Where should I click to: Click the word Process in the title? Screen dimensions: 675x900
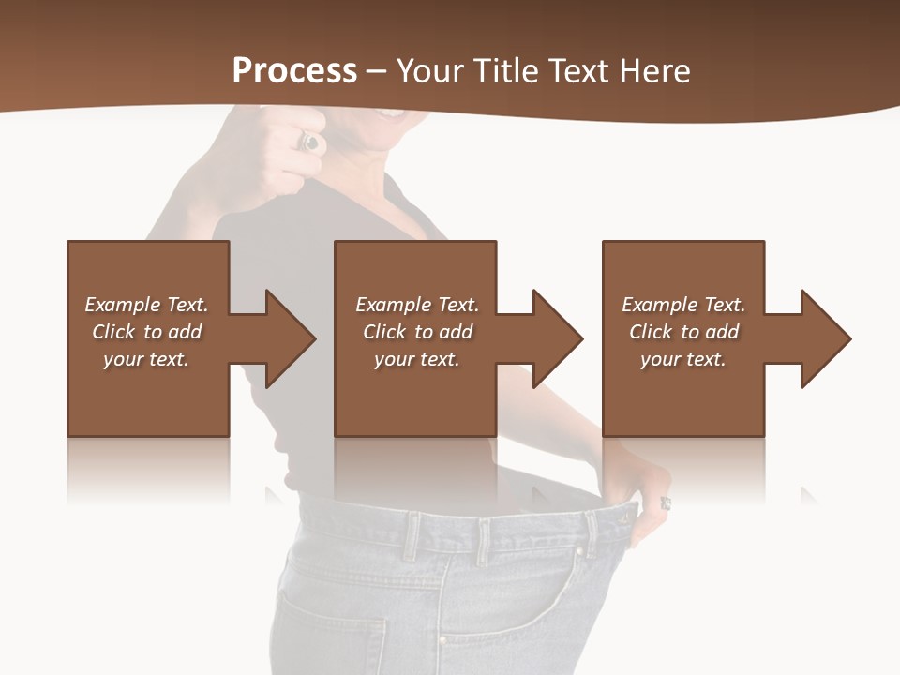pos(294,71)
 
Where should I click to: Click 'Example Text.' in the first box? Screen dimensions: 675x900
pos(146,305)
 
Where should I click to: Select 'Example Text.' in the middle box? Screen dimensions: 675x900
pos(417,305)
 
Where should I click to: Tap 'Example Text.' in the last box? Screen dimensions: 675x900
pos(683,305)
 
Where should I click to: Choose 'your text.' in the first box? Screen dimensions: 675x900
pos(146,359)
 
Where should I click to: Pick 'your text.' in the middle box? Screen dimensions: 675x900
pos(417,359)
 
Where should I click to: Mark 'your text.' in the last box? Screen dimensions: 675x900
pos(683,359)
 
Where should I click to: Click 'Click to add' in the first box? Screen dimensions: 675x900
pos(146,332)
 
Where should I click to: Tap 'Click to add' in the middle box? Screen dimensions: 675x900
pos(417,332)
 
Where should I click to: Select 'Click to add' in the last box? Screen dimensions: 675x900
pos(683,332)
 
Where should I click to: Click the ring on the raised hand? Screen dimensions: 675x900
pos(310,142)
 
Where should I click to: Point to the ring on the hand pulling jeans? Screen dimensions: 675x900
pos(666,503)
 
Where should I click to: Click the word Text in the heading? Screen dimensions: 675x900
pos(580,71)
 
